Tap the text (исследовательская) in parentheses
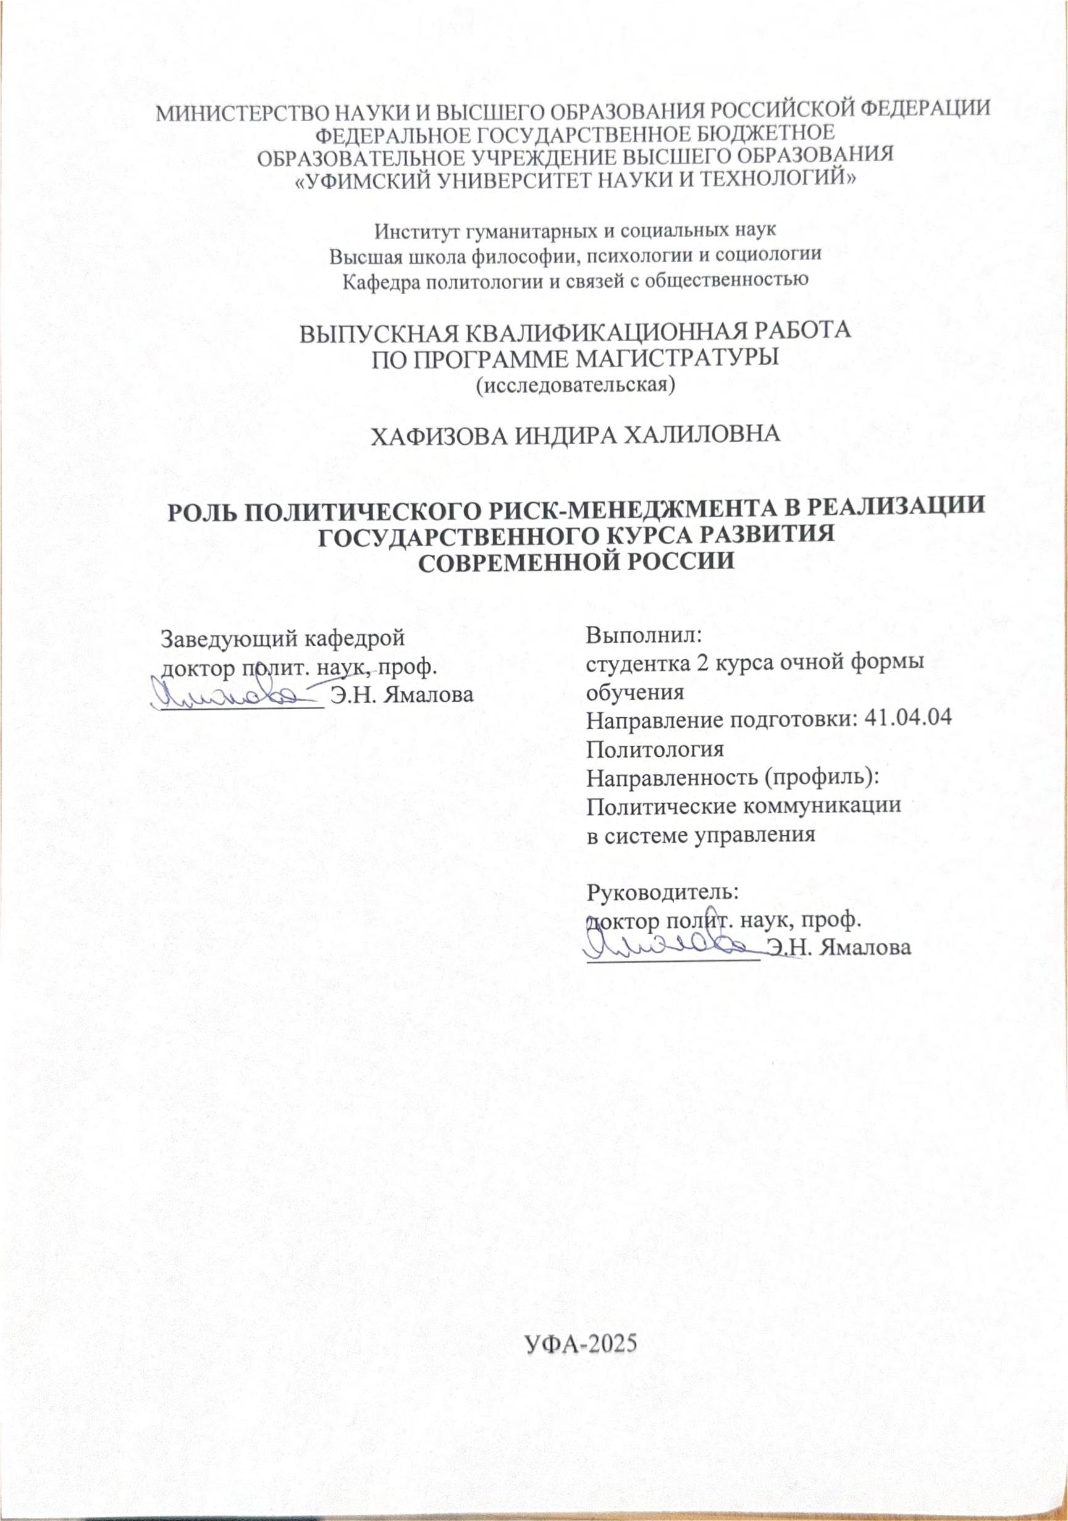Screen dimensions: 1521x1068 coord(576,384)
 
